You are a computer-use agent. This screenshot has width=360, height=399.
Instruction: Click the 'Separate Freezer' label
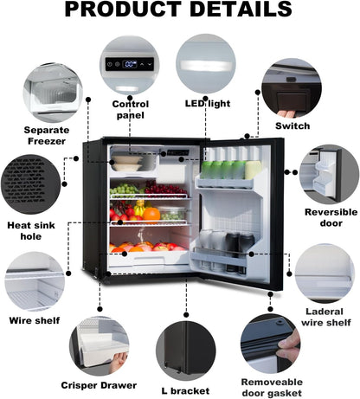47,136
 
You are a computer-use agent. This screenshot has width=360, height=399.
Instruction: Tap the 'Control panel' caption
131,110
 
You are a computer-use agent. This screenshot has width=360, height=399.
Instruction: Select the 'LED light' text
208,104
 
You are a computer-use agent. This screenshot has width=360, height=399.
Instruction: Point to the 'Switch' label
292,126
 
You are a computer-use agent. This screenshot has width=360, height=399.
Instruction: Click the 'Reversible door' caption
331,217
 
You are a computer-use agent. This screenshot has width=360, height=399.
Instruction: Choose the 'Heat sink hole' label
31,231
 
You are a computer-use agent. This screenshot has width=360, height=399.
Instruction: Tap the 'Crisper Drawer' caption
99,385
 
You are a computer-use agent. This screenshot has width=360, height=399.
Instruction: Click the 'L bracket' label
185,391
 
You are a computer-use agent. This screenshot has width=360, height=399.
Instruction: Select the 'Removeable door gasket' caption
272,388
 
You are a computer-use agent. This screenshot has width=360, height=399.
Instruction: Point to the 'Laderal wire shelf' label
326,317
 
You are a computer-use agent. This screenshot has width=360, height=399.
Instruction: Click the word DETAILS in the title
241,10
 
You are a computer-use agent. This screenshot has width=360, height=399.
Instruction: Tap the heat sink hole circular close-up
31,184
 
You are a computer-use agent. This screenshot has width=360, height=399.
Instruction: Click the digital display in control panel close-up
130,64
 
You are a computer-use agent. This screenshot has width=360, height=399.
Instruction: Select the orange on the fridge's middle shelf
151,214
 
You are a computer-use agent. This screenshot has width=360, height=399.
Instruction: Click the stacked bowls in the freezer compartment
127,163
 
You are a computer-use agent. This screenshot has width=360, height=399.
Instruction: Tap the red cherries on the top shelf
165,188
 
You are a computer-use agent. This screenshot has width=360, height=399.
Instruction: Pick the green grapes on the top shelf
125,190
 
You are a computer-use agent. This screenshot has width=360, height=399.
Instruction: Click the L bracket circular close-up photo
186,351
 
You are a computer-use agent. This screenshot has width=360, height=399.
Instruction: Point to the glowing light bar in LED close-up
205,65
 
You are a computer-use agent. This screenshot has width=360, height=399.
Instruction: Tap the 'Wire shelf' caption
35,320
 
